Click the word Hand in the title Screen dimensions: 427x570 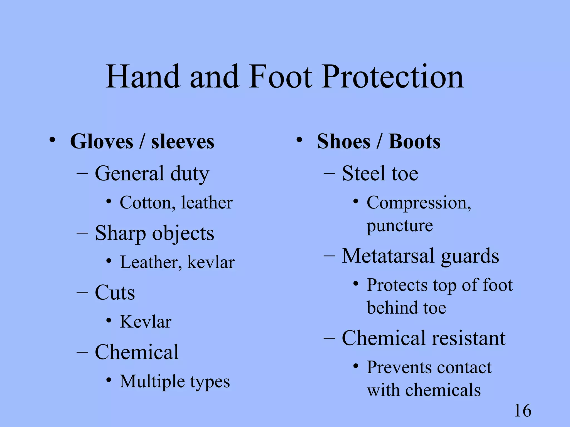click(x=142, y=76)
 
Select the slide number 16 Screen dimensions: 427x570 click(x=523, y=411)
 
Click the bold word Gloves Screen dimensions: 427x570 click(x=102, y=141)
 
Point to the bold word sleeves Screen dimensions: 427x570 click(x=183, y=141)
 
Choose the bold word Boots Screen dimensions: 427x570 click(x=414, y=141)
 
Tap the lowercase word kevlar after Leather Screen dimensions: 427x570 click(x=211, y=262)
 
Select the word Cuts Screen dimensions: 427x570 click(x=115, y=292)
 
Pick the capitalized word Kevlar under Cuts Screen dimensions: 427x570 click(x=145, y=322)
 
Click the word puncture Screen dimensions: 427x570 click(x=400, y=226)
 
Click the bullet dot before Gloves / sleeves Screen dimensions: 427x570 click(x=52, y=140)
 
